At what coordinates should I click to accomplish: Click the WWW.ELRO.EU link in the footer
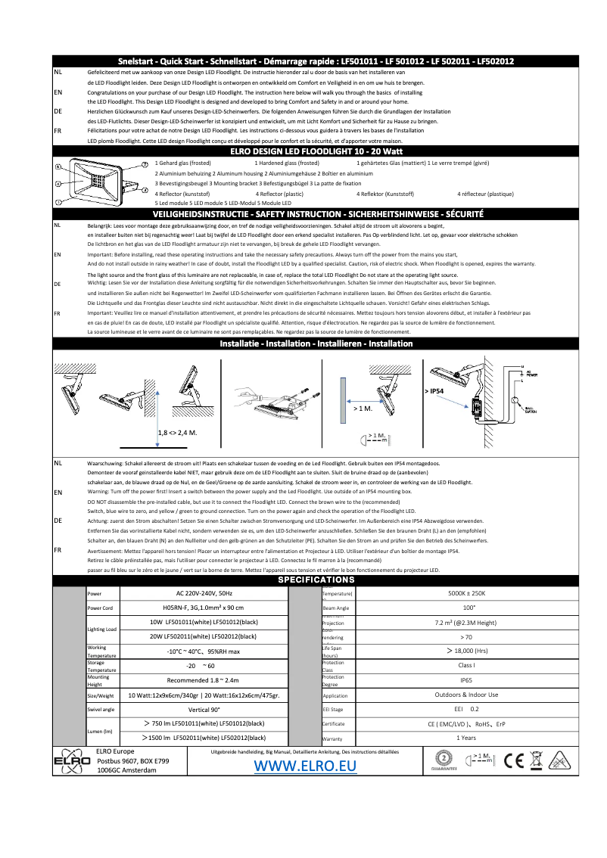pos(305,766)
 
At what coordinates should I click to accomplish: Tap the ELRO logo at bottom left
pos(68,760)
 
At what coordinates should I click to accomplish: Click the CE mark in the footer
pos(515,760)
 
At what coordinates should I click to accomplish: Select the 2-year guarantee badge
pos(445,760)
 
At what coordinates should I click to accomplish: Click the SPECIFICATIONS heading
pos(316,580)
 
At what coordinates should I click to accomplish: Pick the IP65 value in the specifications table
pos(467,680)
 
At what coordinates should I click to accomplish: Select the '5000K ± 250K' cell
pos(467,594)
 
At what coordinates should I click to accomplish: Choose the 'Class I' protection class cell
pos(467,665)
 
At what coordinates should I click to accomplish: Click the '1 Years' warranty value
pos(467,737)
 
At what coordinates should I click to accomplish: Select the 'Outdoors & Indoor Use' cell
pos(467,695)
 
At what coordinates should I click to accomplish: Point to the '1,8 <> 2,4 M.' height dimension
pos(177,432)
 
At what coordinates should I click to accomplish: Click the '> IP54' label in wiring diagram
pos(434,391)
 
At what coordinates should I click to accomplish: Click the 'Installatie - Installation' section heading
pos(316,344)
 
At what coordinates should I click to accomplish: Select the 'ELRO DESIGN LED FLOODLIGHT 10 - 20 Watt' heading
pos(316,151)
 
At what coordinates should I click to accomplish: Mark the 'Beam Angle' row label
pos(336,608)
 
